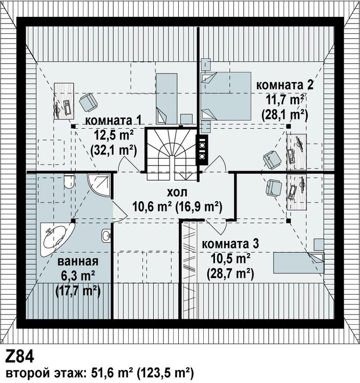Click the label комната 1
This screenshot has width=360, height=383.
113,121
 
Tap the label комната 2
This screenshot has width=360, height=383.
284,85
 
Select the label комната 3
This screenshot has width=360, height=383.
230,244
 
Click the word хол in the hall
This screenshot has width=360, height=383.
177,193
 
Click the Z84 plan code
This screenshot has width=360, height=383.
19,357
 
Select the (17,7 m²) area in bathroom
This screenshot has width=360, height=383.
78,291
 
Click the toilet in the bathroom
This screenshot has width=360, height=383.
68,181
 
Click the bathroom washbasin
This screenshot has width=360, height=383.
106,236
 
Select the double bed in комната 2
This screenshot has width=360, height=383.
226,96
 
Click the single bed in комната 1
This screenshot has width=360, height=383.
166,99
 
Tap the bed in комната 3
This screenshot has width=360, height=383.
299,263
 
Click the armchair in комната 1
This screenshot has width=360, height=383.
88,102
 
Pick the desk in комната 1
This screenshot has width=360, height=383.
64,101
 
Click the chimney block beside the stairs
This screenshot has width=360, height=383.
202,150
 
